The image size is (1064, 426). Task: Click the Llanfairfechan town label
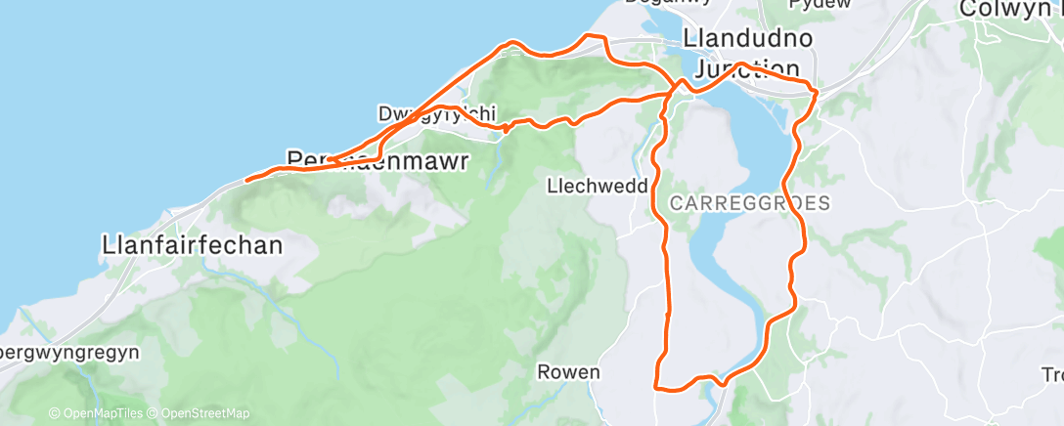pos(192,244)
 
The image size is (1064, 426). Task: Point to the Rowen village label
pos(568,372)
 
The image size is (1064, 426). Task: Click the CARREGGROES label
pos(750,204)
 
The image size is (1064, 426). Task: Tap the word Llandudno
pos(748,41)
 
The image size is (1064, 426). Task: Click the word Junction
pos(748,68)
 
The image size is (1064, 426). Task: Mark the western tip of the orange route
pos(245,180)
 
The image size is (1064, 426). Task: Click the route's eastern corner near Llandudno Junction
pos(815,90)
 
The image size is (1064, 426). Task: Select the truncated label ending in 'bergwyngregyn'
pos(69,350)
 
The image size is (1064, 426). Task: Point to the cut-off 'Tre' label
pos(1052,374)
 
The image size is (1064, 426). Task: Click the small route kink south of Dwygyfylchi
pos(504,126)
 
